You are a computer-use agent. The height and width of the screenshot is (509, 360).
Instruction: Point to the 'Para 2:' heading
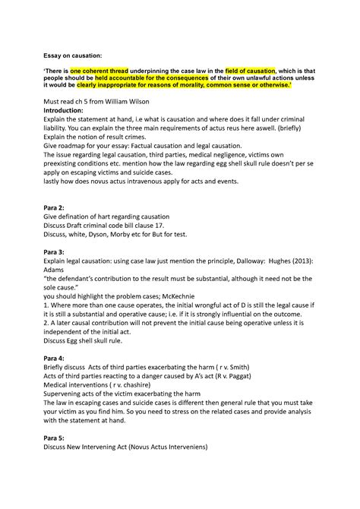pyautogui.click(x=55, y=207)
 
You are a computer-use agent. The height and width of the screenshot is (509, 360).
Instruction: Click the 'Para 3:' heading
pyautogui.click(x=55, y=251)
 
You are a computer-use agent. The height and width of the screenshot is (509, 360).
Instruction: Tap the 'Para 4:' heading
pyautogui.click(x=55, y=358)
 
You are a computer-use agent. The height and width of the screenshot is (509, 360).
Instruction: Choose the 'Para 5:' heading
pyautogui.click(x=55, y=438)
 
